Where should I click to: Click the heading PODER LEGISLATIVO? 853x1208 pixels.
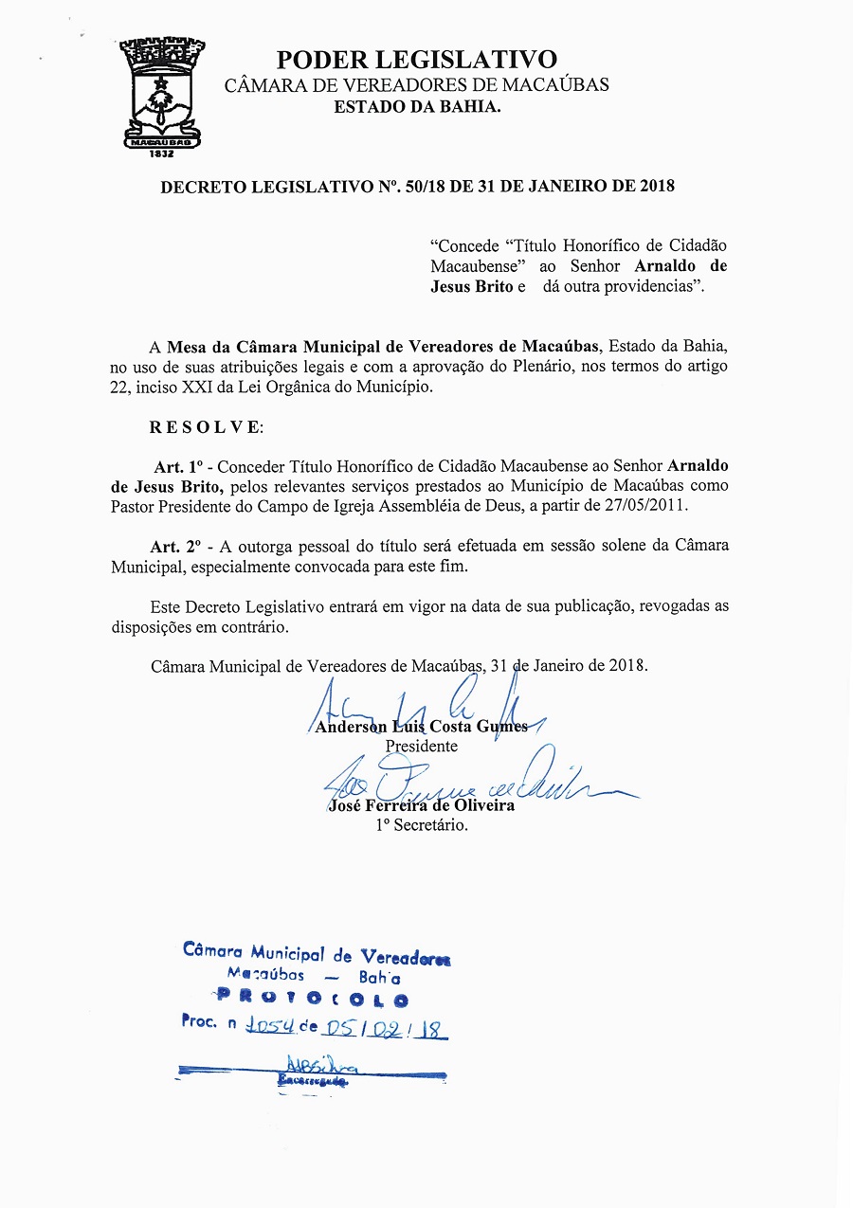tap(416, 60)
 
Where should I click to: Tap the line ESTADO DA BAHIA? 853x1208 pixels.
tap(417, 106)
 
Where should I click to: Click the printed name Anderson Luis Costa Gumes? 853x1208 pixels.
tap(421, 727)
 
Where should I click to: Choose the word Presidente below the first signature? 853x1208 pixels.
tap(421, 746)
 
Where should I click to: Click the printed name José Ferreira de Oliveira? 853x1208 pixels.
tap(421, 805)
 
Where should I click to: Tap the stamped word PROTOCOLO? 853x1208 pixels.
tap(313, 999)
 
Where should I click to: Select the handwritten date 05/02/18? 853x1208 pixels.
tap(384, 1025)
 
